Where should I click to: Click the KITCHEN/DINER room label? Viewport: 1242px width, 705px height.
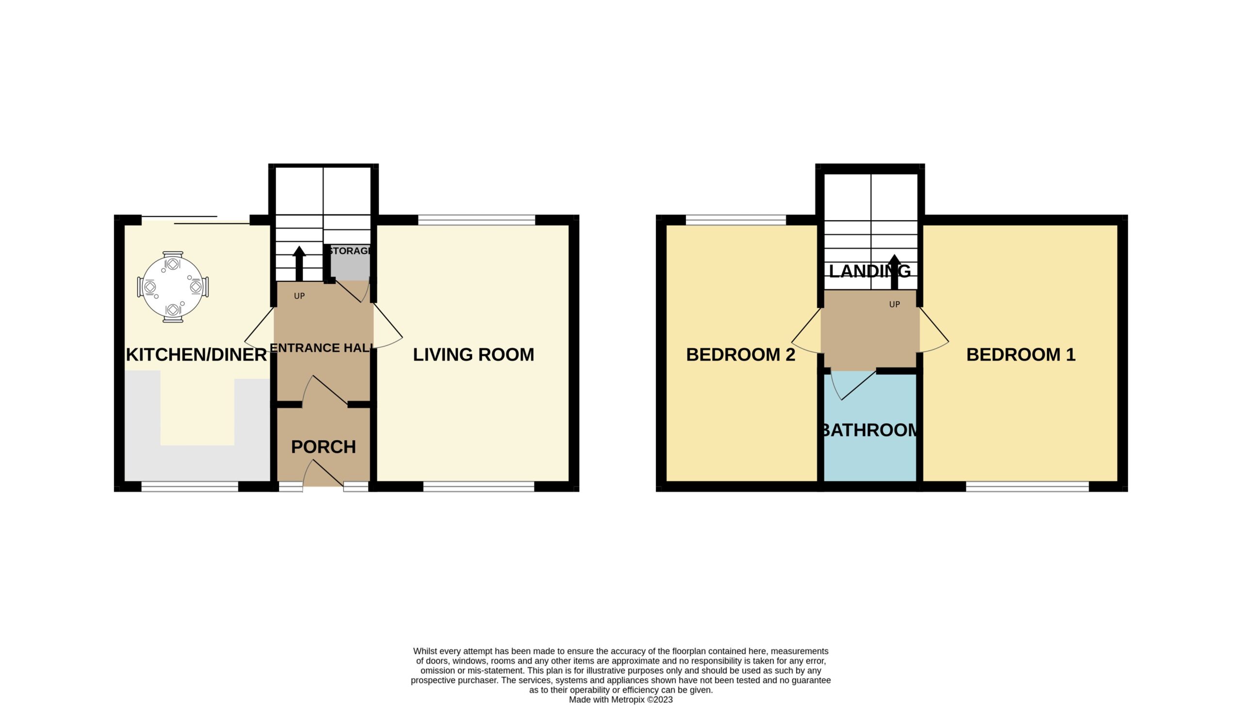(196, 355)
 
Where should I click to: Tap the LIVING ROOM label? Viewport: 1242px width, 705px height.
(474, 355)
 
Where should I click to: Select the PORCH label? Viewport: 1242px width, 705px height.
(324, 447)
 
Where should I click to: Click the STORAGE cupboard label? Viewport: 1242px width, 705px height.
(350, 251)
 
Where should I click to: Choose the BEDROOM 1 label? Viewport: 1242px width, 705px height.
(1021, 355)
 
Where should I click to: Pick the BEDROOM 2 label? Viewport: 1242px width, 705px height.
(741, 355)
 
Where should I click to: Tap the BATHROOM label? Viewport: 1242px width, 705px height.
(870, 430)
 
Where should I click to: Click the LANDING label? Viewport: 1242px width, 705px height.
(870, 271)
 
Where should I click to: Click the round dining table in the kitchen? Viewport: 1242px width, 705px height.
(173, 287)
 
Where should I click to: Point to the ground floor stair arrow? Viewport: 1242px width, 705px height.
(299, 263)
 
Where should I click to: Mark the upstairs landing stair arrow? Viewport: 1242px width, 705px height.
(895, 272)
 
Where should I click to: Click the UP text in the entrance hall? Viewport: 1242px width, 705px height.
(299, 296)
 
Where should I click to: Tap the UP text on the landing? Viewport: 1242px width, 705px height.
(895, 305)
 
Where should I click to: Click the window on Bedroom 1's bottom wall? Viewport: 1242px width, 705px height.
(1028, 487)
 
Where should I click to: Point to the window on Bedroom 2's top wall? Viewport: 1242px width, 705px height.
(736, 220)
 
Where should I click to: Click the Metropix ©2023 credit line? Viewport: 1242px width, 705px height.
(621, 700)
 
